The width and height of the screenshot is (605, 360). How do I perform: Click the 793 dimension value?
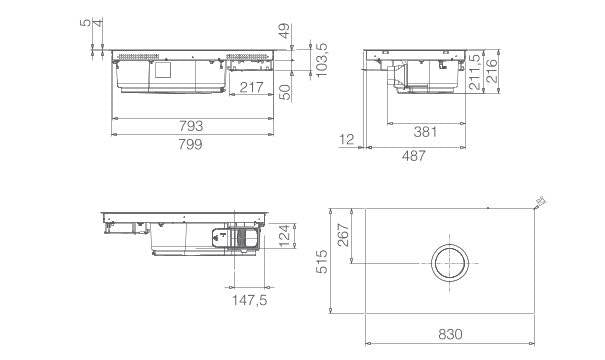click(x=191, y=127)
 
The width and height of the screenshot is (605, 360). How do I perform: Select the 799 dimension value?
click(x=191, y=145)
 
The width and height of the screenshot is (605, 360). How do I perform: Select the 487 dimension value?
click(x=414, y=155)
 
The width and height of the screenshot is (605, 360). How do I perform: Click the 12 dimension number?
click(x=348, y=139)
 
